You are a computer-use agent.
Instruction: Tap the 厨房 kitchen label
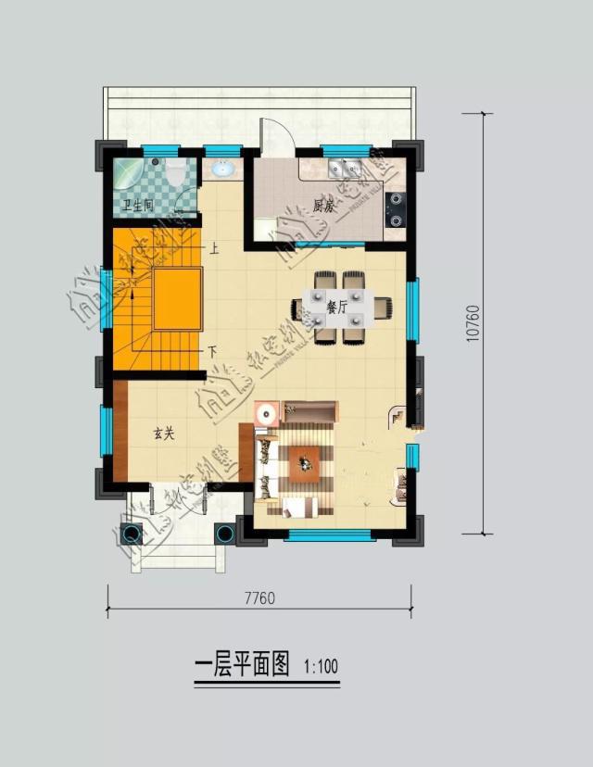click(322, 207)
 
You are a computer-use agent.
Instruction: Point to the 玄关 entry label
click(164, 433)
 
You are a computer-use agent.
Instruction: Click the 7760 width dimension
click(259, 597)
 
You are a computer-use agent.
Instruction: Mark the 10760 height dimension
click(473, 324)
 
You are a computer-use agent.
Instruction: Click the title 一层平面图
click(243, 665)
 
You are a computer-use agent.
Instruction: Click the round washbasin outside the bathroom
click(222, 170)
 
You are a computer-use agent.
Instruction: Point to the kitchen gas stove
click(397, 209)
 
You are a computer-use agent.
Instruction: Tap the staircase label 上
click(214, 248)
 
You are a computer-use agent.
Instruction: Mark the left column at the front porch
click(131, 532)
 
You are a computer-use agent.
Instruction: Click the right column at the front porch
click(224, 532)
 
